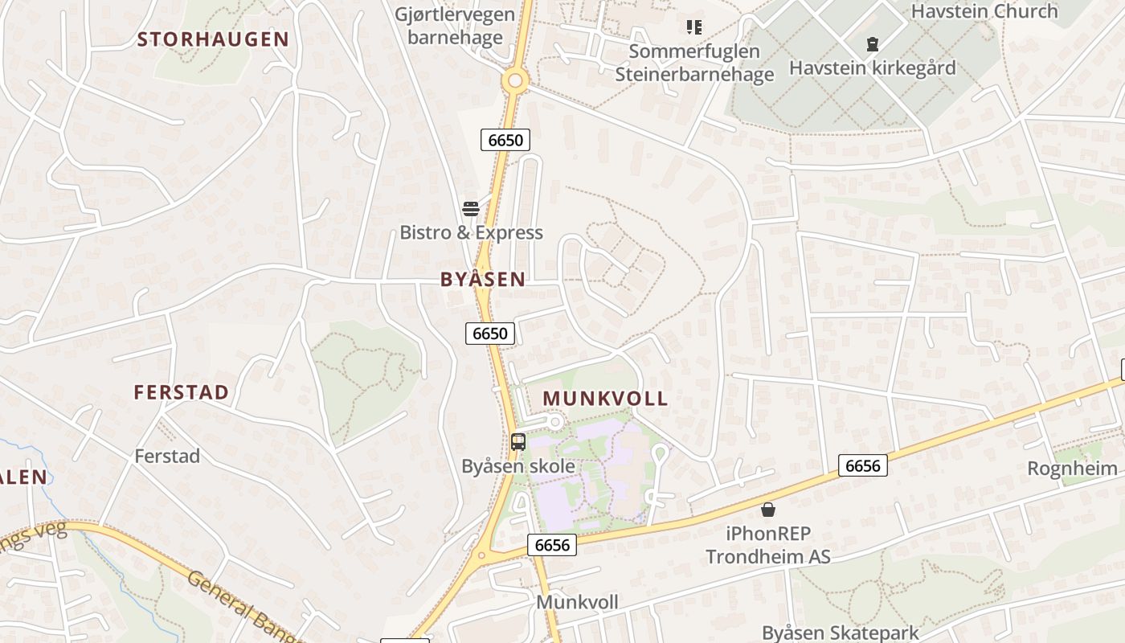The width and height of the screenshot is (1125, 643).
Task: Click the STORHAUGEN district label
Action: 213,39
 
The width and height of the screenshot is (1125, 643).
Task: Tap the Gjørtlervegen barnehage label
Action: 455,25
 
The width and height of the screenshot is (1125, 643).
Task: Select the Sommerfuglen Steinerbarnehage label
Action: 694,63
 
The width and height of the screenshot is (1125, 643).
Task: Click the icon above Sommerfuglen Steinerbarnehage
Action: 694,27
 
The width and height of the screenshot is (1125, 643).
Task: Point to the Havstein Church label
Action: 984,11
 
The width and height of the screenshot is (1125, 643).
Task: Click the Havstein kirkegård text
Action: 873,68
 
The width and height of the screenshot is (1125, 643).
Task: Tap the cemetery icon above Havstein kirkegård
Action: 873,44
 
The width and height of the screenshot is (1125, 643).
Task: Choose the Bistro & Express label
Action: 472,232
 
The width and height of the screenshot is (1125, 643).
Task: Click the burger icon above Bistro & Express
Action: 471,209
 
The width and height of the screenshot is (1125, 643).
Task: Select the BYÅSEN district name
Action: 483,279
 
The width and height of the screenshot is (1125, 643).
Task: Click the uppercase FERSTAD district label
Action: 182,392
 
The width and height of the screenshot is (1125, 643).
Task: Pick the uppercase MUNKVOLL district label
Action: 605,398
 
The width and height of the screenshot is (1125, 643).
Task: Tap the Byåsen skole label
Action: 518,466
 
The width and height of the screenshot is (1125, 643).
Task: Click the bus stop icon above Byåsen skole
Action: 518,441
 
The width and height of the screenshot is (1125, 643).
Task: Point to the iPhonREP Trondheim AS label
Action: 768,545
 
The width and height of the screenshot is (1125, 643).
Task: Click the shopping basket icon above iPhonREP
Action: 768,510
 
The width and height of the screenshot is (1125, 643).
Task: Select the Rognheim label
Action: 1072,469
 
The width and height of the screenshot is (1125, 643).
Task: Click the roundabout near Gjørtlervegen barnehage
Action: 515,80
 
